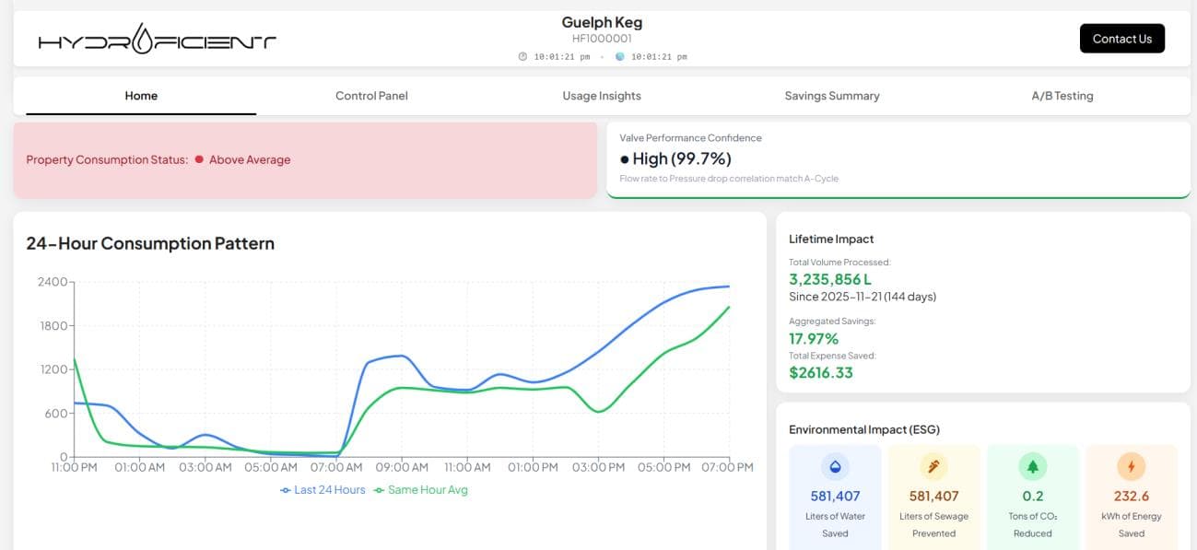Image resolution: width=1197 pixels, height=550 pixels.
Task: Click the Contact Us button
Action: (1121, 39)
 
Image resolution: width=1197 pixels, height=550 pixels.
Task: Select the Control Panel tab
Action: (371, 96)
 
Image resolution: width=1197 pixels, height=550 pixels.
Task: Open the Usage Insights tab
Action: (602, 96)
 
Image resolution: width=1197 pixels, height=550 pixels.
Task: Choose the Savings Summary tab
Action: (832, 96)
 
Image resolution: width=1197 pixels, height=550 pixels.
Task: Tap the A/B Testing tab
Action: (1062, 96)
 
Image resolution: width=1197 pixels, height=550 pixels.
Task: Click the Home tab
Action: (141, 96)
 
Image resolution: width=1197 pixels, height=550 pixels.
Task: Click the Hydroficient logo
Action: (158, 40)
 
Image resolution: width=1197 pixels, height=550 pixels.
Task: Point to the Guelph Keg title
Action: (602, 22)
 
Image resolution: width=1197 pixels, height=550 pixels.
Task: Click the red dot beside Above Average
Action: (199, 159)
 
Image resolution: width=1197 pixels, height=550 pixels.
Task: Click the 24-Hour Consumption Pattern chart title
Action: (150, 243)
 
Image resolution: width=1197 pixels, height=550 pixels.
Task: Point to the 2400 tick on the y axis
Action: (53, 282)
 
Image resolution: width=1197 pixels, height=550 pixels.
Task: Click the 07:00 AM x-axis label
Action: (336, 467)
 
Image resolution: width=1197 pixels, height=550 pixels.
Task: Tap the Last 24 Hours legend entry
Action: (323, 490)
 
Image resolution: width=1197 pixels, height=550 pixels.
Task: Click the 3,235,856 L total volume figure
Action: (830, 279)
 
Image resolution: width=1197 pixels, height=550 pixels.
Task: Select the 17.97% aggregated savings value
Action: (814, 338)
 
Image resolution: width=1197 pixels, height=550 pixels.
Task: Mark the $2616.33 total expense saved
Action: (821, 372)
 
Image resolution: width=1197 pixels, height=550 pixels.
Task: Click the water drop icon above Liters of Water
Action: (835, 466)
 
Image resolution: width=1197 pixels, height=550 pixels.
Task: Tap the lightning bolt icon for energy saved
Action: (1131, 466)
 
